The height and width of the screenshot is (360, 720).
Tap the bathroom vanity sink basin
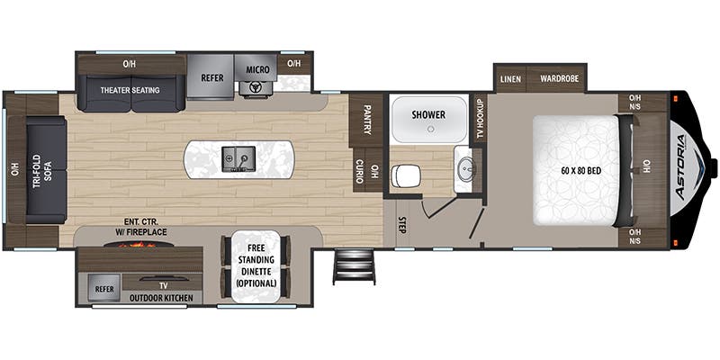[466, 168]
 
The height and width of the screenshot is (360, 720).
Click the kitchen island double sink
[238, 159]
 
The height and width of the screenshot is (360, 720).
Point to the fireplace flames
[138, 245]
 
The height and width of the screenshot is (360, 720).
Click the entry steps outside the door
[354, 266]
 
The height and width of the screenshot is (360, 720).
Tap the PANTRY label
[367, 120]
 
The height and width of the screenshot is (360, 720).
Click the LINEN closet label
[510, 79]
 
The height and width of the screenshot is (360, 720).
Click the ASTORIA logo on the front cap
[682, 166]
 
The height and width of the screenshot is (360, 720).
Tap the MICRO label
[257, 69]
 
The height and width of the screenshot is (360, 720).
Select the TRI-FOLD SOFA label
[41, 170]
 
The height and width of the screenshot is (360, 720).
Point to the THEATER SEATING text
[130, 91]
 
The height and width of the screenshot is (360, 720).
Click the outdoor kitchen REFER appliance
[104, 288]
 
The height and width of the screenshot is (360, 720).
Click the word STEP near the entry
[401, 225]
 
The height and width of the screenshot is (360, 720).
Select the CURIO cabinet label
[359, 171]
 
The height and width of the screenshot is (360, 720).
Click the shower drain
[430, 129]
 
